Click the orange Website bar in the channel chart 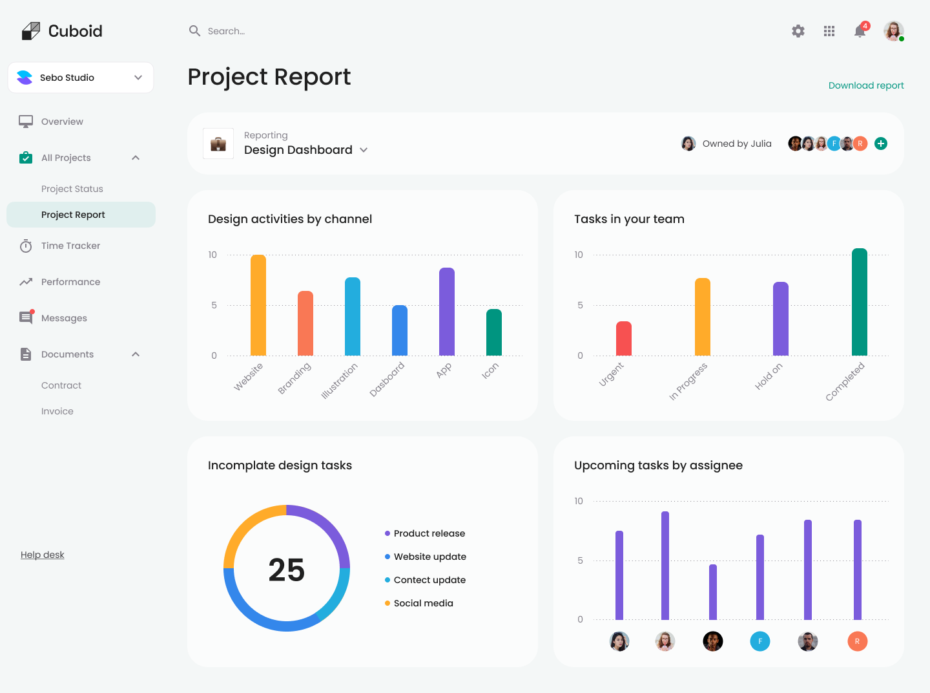click(x=258, y=305)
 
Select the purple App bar click(x=447, y=312)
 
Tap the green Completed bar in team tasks click(x=860, y=302)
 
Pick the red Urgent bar click(x=624, y=339)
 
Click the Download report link click(x=866, y=85)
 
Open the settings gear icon click(x=798, y=31)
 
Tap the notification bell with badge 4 click(x=860, y=31)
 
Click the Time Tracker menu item click(x=70, y=246)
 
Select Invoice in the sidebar click(x=57, y=411)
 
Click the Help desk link click(x=43, y=555)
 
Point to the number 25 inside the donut click(x=287, y=570)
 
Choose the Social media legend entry click(x=423, y=603)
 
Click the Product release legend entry click(x=429, y=533)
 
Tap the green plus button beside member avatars click(x=881, y=144)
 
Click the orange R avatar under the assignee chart click(x=857, y=641)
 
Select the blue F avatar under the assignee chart click(x=760, y=641)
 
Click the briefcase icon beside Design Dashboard click(x=218, y=144)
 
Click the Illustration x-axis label click(x=340, y=381)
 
